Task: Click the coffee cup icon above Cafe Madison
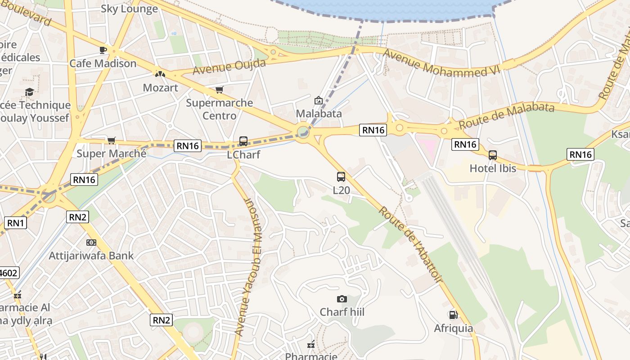[103, 50]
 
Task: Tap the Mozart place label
[160, 87]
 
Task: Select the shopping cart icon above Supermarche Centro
[219, 90]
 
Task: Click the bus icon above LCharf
[243, 141]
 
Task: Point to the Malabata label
[319, 113]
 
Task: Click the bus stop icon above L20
[341, 177]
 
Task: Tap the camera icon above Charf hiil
[342, 299]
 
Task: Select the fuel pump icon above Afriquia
[453, 315]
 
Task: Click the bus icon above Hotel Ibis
[493, 155]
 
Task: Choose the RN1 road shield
[15, 222]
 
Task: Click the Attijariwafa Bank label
[91, 256]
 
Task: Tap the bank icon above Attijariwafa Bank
[91, 243]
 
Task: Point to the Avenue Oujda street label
[229, 67]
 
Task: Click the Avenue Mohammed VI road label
[441, 63]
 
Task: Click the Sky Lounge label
[129, 9]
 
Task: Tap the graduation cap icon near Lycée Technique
[30, 92]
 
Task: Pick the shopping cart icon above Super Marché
[111, 140]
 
